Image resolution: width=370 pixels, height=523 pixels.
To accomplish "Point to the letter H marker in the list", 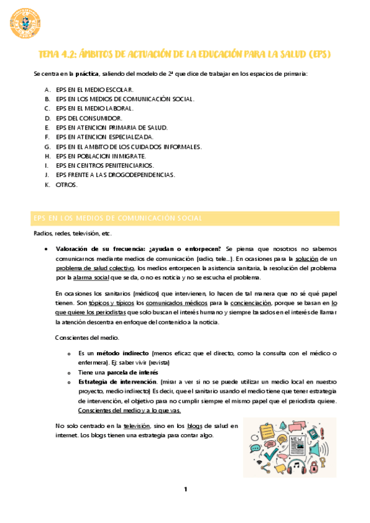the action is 48,156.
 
